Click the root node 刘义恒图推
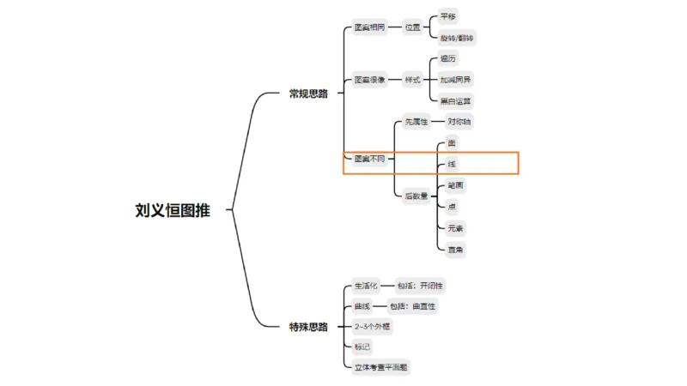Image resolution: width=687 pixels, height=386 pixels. click(x=172, y=210)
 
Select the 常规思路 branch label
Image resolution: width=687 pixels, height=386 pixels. click(x=308, y=93)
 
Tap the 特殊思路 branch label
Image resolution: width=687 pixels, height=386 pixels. click(x=308, y=327)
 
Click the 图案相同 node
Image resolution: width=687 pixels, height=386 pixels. click(x=369, y=27)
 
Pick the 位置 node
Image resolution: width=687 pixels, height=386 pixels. click(x=413, y=27)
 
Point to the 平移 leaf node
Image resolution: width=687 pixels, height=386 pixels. click(x=448, y=15)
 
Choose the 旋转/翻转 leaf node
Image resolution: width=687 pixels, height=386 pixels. click(x=457, y=39)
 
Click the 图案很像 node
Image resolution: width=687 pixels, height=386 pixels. click(x=369, y=80)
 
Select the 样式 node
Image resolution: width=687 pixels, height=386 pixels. click(x=413, y=80)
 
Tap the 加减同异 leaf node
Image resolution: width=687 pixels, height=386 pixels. click(x=455, y=80)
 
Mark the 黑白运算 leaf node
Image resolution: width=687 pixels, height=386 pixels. click(x=455, y=101)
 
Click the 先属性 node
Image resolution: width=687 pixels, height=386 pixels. click(x=416, y=122)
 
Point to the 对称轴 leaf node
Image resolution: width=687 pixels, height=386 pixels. click(x=459, y=122)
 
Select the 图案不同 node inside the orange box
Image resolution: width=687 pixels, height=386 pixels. click(x=369, y=159)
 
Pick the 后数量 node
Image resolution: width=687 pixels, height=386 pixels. click(x=416, y=196)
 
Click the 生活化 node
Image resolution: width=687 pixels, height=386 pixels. click(x=366, y=285)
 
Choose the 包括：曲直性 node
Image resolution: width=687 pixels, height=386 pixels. click(x=418, y=306)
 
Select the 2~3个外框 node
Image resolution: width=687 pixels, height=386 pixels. click(x=372, y=327)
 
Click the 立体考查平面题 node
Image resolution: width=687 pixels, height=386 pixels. click(x=381, y=367)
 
